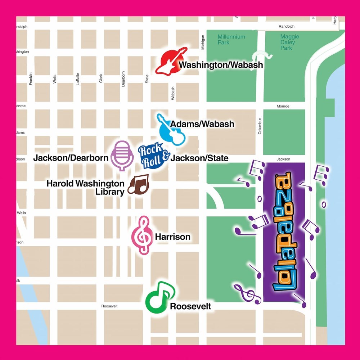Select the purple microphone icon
click(x=122, y=155)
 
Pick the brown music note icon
click(x=138, y=185)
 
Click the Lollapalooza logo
click(x=284, y=232)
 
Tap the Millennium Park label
click(x=231, y=40)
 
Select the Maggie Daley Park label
click(x=287, y=42)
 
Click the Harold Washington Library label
click(x=85, y=188)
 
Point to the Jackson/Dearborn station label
click(x=71, y=158)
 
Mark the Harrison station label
click(x=172, y=237)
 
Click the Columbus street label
click(x=260, y=126)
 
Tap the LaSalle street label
click(x=77, y=78)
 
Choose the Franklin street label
click(x=31, y=78)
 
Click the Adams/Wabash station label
click(x=202, y=124)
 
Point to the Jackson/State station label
click(x=199, y=158)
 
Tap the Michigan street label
click(x=203, y=42)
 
